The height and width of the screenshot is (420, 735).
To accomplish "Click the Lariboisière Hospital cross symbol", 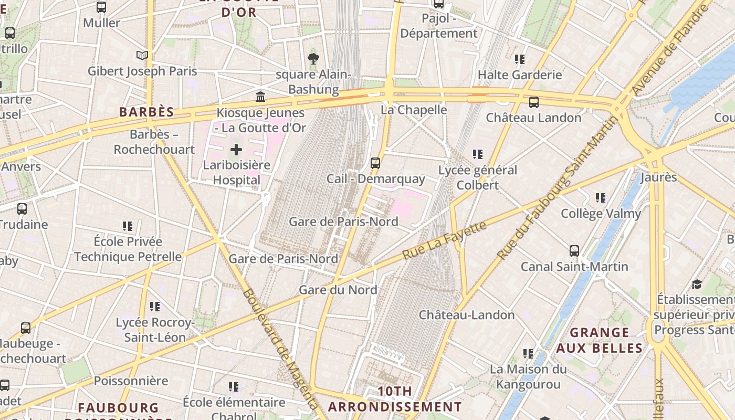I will point(236,150).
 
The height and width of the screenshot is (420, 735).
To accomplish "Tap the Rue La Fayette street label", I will point(445,240).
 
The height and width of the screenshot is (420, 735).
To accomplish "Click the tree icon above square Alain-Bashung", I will point(313,58).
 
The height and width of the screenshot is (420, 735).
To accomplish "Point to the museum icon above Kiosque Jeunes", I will point(260,97).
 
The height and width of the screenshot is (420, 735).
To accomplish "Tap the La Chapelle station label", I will point(414,110).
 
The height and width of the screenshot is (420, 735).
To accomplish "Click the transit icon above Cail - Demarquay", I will point(375,163).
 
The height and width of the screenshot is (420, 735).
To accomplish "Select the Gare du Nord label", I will point(338,290).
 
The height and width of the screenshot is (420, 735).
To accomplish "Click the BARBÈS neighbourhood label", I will point(146,112).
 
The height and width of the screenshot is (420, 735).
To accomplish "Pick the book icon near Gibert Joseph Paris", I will point(142,55).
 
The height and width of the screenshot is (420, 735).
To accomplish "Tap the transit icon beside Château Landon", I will point(534,102).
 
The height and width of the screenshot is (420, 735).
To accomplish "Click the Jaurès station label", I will point(659,177).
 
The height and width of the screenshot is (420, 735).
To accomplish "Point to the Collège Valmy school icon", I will point(601,198).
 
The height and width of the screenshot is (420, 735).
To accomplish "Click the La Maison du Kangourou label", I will point(528,376).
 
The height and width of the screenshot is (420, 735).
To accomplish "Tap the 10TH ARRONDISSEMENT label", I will point(395,399).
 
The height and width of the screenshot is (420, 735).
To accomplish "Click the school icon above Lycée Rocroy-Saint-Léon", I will point(154,306).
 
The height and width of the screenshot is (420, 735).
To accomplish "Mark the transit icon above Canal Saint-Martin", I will point(574,251).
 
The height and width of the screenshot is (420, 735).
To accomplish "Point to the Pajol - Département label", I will point(439,26).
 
